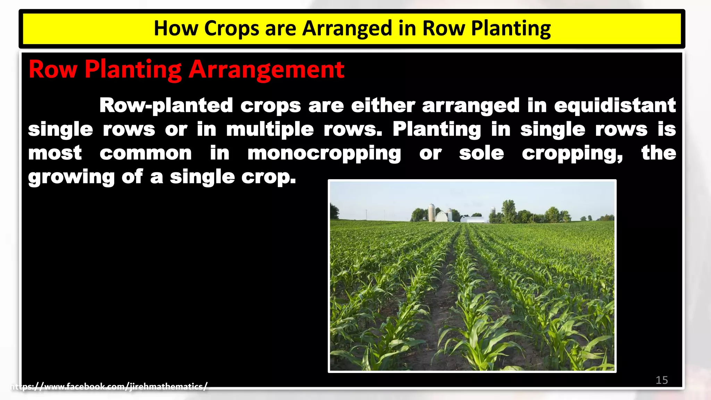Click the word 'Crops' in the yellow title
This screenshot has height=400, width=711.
pyautogui.click(x=231, y=28)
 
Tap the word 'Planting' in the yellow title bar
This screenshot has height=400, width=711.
pyautogui.click(x=511, y=28)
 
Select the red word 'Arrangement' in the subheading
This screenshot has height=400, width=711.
pyautogui.click(x=266, y=69)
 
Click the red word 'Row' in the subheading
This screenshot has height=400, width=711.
pyautogui.click(x=53, y=69)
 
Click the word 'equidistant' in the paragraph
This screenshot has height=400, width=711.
pyautogui.click(x=615, y=106)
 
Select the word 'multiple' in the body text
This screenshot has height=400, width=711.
pyautogui.click(x=270, y=130)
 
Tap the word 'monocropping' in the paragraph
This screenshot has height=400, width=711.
pyautogui.click(x=324, y=153)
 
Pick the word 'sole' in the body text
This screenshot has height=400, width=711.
pyautogui.click(x=481, y=153)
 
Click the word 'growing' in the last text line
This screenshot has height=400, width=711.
pyautogui.click(x=71, y=177)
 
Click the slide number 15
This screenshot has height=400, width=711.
pyautogui.click(x=662, y=380)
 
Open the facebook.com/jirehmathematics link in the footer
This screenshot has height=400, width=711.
pyautogui.click(x=109, y=386)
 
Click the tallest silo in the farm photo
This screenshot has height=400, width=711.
pyautogui.click(x=432, y=212)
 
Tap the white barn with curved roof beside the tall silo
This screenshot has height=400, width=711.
pyautogui.click(x=441, y=217)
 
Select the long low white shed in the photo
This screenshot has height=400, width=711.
pyautogui.click(x=472, y=219)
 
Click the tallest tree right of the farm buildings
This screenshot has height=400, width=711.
pyautogui.click(x=509, y=210)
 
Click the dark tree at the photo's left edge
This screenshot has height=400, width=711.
pyautogui.click(x=334, y=212)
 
